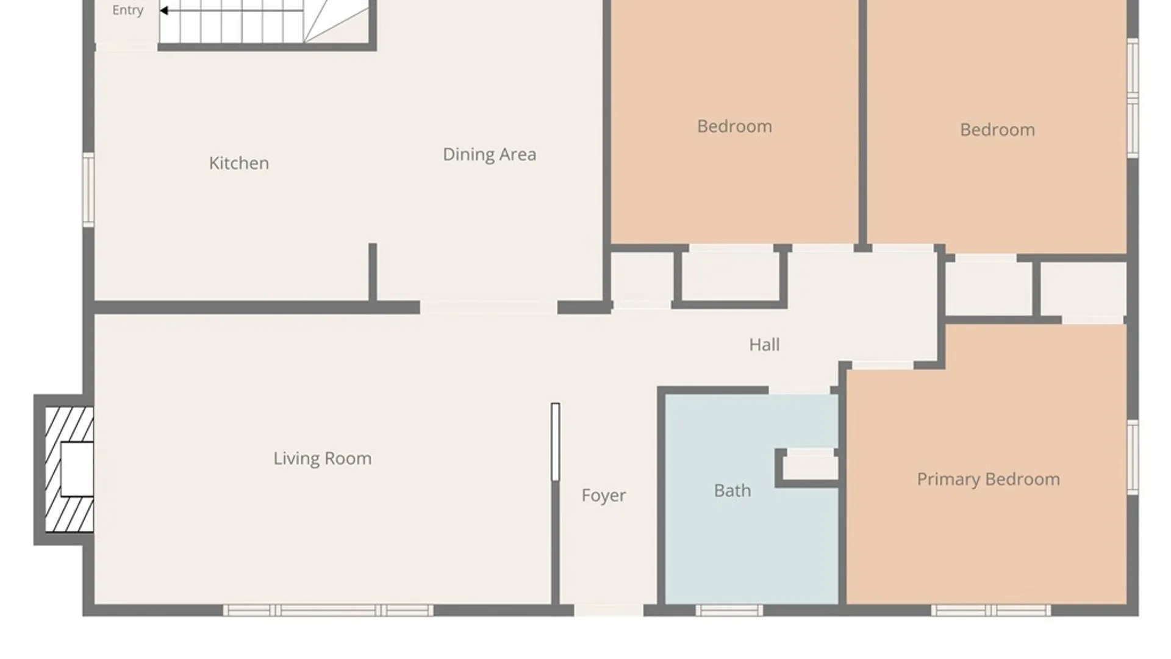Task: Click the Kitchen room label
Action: coord(238,163)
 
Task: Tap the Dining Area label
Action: coord(489,154)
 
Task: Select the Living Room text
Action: coord(322,458)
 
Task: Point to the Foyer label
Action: coord(603,495)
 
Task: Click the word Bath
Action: coord(732,491)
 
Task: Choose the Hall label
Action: coord(764,345)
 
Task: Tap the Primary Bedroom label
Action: coord(988,480)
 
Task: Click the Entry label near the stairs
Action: coord(127,10)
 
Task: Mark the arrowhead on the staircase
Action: coord(163,10)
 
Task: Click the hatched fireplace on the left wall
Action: coord(69,469)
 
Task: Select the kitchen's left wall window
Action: coord(89,190)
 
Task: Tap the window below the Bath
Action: coord(729,610)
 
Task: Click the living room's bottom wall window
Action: coord(328,610)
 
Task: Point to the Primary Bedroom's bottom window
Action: coord(991,610)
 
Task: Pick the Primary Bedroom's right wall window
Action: coord(1133,457)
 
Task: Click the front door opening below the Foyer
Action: coord(609,610)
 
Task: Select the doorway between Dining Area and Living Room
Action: coord(489,307)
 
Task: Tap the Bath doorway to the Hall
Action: coord(800,390)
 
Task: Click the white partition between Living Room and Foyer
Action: coord(555,441)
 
